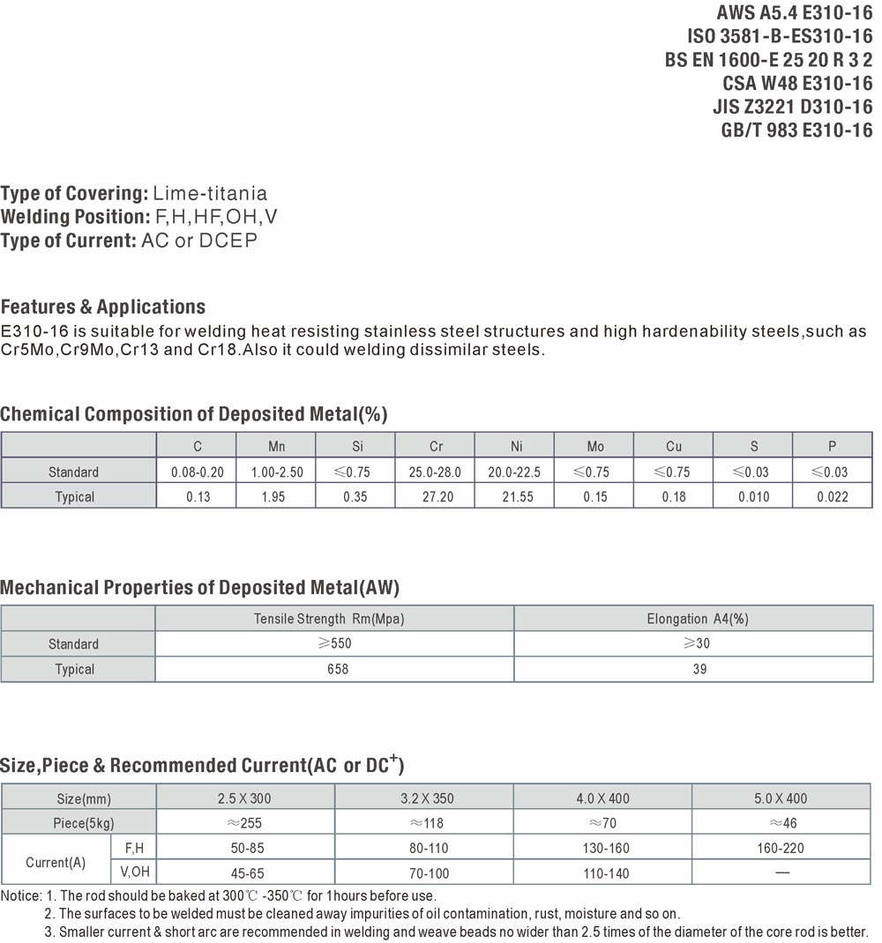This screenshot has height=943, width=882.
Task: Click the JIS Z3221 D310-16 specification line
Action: (792, 107)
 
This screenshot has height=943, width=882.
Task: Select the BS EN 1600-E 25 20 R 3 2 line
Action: (768, 60)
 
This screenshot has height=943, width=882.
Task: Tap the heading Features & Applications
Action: (103, 308)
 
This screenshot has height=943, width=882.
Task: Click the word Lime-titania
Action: (210, 193)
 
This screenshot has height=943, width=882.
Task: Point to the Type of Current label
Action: (68, 241)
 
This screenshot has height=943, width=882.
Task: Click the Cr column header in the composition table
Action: (436, 447)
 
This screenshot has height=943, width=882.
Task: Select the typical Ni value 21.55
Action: (516, 497)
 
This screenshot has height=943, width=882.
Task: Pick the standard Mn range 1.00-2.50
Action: (276, 472)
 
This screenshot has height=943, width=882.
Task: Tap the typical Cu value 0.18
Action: (674, 497)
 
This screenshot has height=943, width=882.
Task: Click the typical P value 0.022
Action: (832, 497)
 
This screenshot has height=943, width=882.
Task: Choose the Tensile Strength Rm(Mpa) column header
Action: (329, 619)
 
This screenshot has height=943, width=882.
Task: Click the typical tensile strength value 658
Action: (337, 669)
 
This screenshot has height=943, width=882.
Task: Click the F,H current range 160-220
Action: (780, 848)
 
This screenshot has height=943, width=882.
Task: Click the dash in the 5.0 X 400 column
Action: (781, 872)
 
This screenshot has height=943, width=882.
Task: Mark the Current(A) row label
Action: (56, 862)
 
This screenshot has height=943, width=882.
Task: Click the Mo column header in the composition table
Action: (595, 447)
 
